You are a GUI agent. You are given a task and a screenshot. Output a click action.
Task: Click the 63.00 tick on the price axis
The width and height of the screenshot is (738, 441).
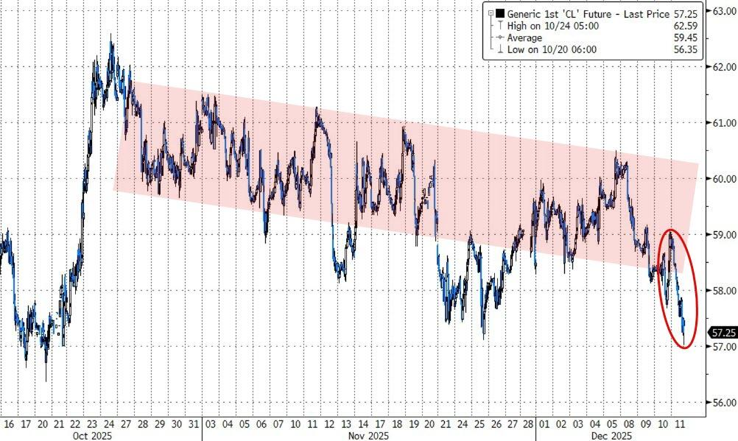pos(722,11)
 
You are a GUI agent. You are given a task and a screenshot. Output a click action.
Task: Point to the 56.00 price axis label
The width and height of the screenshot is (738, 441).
pos(722,402)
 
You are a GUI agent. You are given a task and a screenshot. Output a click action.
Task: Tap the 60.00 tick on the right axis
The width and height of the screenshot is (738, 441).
pos(722,178)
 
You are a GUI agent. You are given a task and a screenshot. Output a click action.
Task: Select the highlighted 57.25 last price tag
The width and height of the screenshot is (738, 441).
pos(721,332)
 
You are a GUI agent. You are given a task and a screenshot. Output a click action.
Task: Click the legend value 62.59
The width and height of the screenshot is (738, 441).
pos(684,25)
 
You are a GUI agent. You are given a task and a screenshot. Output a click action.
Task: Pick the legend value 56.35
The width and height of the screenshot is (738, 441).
pos(684,49)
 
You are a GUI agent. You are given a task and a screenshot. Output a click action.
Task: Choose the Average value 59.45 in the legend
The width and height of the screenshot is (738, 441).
pos(684,38)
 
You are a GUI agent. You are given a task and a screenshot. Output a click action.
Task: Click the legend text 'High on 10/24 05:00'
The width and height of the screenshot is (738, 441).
pos(552,25)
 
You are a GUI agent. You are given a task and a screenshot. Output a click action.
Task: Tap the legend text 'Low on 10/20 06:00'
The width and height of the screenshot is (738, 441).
pos(552,49)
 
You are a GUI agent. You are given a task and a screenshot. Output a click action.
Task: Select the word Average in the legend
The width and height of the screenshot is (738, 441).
pos(524,38)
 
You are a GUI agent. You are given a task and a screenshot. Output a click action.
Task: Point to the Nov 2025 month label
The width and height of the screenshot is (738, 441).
pos(368,436)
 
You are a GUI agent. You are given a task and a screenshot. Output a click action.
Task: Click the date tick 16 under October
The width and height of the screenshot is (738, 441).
pos(9,424)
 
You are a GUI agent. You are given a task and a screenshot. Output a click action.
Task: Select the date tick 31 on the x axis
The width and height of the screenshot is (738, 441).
pos(193,424)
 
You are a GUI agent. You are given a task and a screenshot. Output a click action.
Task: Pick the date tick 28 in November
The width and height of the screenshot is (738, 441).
pos(527,424)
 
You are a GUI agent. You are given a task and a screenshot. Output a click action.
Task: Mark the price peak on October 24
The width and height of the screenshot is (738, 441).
pos(111,35)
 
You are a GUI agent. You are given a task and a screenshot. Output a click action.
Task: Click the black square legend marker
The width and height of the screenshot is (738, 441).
pos(500,13)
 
